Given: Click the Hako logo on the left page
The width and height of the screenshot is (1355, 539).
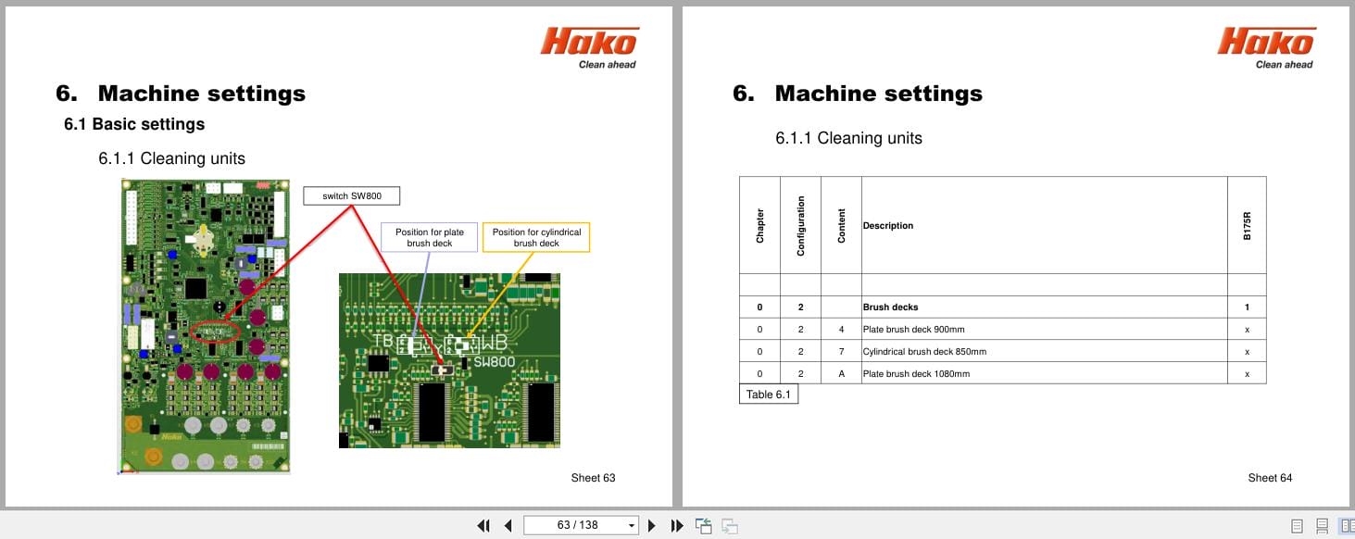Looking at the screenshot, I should click(x=589, y=47).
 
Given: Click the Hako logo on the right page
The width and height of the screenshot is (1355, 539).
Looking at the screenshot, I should click(x=1266, y=47).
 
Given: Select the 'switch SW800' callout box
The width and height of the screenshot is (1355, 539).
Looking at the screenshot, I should click(x=351, y=196).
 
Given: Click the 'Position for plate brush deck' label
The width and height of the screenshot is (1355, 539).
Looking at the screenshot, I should click(x=429, y=237).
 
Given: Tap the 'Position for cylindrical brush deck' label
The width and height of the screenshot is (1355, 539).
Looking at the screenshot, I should click(x=536, y=237).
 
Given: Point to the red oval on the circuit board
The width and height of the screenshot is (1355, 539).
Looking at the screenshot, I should click(x=214, y=331).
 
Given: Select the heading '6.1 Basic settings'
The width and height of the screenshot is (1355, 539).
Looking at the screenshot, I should click(x=134, y=124).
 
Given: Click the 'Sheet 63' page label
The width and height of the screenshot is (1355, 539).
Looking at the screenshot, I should click(x=593, y=478).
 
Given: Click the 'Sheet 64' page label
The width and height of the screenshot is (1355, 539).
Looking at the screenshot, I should click(x=1270, y=478).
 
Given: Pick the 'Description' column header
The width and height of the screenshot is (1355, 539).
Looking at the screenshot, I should click(x=887, y=226).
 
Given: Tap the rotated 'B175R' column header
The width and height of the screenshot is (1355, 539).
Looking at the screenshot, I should click(x=1247, y=225).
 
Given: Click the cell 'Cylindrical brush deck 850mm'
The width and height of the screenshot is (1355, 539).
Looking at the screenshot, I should click(x=924, y=352).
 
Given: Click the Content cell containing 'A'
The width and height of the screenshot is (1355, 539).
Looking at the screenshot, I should click(x=841, y=374).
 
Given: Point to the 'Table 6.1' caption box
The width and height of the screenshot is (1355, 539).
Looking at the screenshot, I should click(x=768, y=395).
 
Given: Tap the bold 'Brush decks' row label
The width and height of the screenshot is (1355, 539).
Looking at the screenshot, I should click(x=890, y=307).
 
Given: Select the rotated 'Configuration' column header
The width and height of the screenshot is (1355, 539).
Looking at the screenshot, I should click(x=800, y=225).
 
